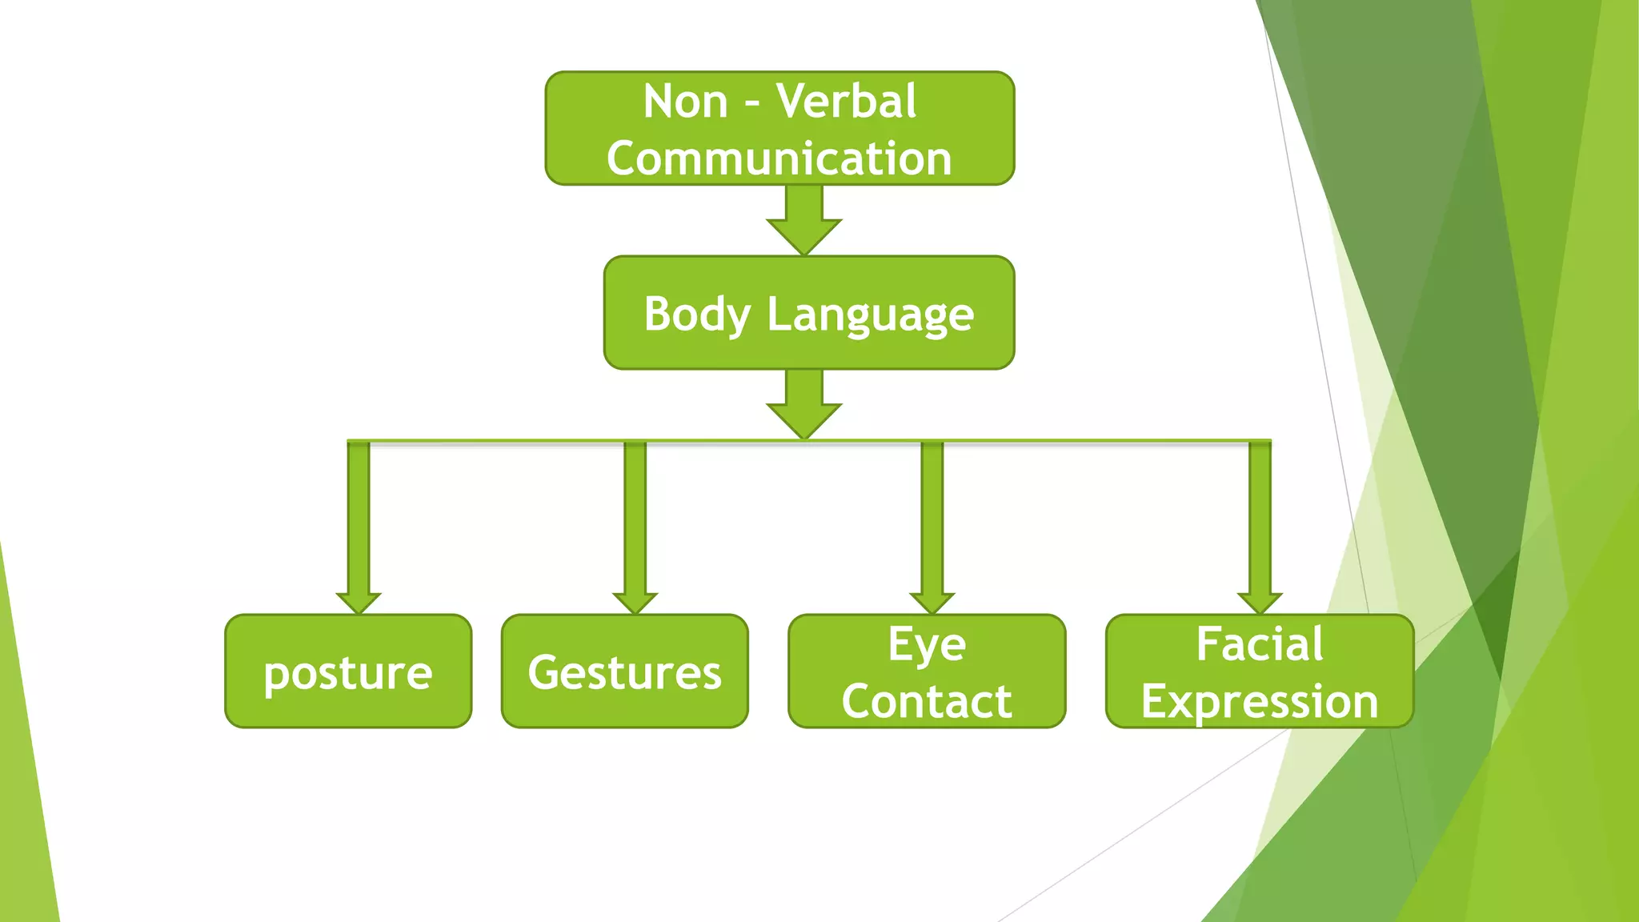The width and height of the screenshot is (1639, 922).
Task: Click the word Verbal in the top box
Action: tap(846, 102)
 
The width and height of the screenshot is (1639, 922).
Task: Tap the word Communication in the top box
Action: tap(779, 158)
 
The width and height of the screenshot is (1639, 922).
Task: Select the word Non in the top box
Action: tap(685, 102)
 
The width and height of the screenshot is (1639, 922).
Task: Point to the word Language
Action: tap(871, 314)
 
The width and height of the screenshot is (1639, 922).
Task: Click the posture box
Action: tap(348, 671)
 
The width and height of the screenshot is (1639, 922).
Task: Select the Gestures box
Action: tap(624, 671)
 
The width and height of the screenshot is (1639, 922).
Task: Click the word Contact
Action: tap(927, 701)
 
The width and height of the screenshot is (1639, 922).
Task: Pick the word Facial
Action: tap(1260, 644)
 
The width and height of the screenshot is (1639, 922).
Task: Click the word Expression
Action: tap(1260, 701)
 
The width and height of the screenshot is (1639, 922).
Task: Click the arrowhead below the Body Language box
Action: tap(804, 419)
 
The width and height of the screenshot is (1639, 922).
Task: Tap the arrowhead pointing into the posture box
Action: tap(359, 602)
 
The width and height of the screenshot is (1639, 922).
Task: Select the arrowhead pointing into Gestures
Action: tap(635, 602)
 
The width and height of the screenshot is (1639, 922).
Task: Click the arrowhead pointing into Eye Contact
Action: tap(932, 602)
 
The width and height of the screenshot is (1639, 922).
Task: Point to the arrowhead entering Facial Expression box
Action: tap(1260, 602)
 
